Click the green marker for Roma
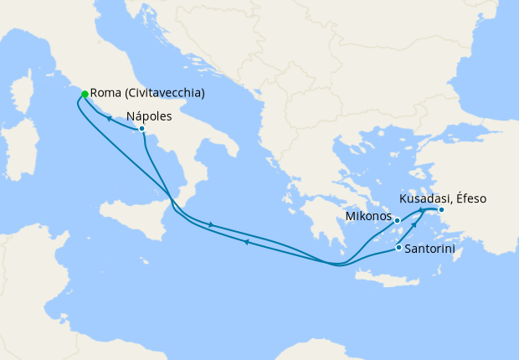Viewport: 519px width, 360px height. coord(85,94)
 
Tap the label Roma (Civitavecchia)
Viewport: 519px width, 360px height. coord(147,94)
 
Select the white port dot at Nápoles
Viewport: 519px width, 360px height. coord(142,129)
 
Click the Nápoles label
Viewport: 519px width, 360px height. coord(150,116)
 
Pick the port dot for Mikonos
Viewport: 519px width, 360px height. coord(397,221)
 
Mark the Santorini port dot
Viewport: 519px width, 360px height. coord(398,247)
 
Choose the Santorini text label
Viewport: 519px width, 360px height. coord(429,249)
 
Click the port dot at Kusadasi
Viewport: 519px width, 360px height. coord(441,209)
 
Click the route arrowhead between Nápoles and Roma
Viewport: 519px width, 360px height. coord(109,119)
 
